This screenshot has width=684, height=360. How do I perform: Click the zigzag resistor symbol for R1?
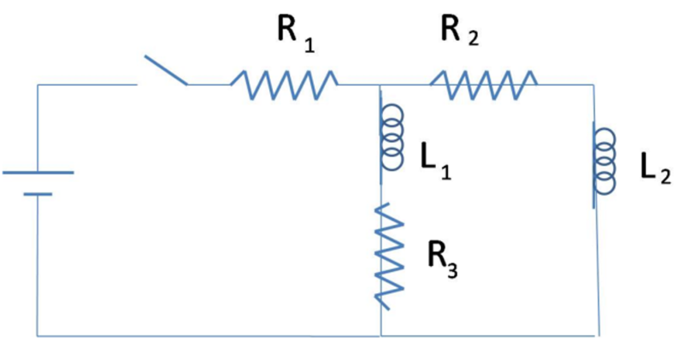click(x=284, y=85)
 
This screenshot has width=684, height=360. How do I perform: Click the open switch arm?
click(x=166, y=71)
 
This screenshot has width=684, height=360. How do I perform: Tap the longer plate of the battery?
click(x=38, y=173)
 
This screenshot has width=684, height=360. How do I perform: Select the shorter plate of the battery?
click(x=38, y=194)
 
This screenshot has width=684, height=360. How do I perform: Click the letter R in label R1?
click(x=287, y=30)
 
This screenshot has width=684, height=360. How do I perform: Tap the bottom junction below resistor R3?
click(x=380, y=335)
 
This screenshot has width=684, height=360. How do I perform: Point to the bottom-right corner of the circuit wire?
click(x=598, y=335)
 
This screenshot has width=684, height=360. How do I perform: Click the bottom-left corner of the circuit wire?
click(x=38, y=335)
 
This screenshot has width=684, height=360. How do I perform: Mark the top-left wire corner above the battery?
click(x=38, y=85)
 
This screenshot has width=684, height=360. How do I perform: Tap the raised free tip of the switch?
click(x=145, y=57)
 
